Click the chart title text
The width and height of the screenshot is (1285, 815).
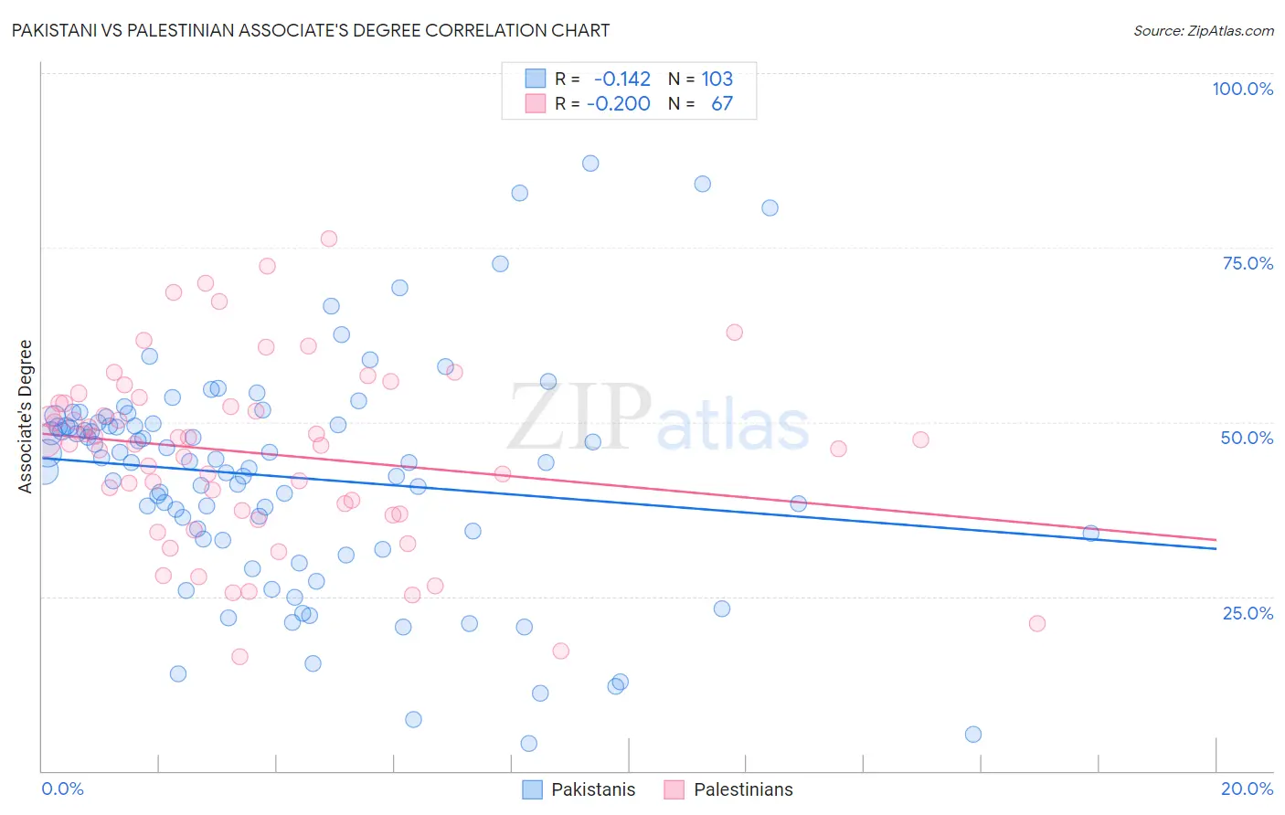click(311, 30)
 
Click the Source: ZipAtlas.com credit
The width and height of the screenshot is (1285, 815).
click(1203, 30)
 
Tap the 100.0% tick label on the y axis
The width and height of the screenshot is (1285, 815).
click(1242, 89)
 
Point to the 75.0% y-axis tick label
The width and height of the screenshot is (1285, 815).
click(1248, 263)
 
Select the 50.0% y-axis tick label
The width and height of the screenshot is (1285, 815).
click(1247, 438)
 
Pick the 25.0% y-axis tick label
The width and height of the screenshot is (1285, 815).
click(1248, 613)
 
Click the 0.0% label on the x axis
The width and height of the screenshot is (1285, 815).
click(62, 789)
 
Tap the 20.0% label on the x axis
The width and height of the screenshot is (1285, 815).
click(1247, 789)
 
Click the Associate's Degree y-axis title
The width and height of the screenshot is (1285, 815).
click(26, 417)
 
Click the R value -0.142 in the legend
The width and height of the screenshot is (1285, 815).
click(621, 79)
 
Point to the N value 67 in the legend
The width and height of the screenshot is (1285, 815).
click(721, 103)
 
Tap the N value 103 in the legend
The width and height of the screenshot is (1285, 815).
click(717, 79)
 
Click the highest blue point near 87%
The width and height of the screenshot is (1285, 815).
click(590, 164)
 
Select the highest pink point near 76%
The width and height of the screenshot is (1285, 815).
click(329, 238)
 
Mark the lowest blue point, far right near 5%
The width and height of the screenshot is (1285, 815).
click(973, 735)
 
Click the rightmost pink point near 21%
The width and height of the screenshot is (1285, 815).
click(1037, 624)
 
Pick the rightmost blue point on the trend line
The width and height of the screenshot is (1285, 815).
click(1090, 534)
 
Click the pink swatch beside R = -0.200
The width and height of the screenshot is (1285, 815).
click(535, 103)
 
